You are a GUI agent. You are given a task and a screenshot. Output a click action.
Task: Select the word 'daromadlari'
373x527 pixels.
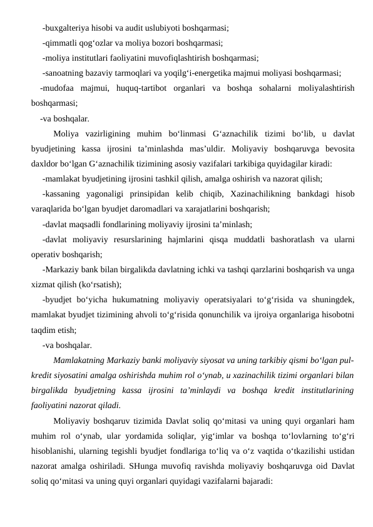(182, 209)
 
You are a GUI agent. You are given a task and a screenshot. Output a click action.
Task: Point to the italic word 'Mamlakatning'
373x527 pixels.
(80, 360)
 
